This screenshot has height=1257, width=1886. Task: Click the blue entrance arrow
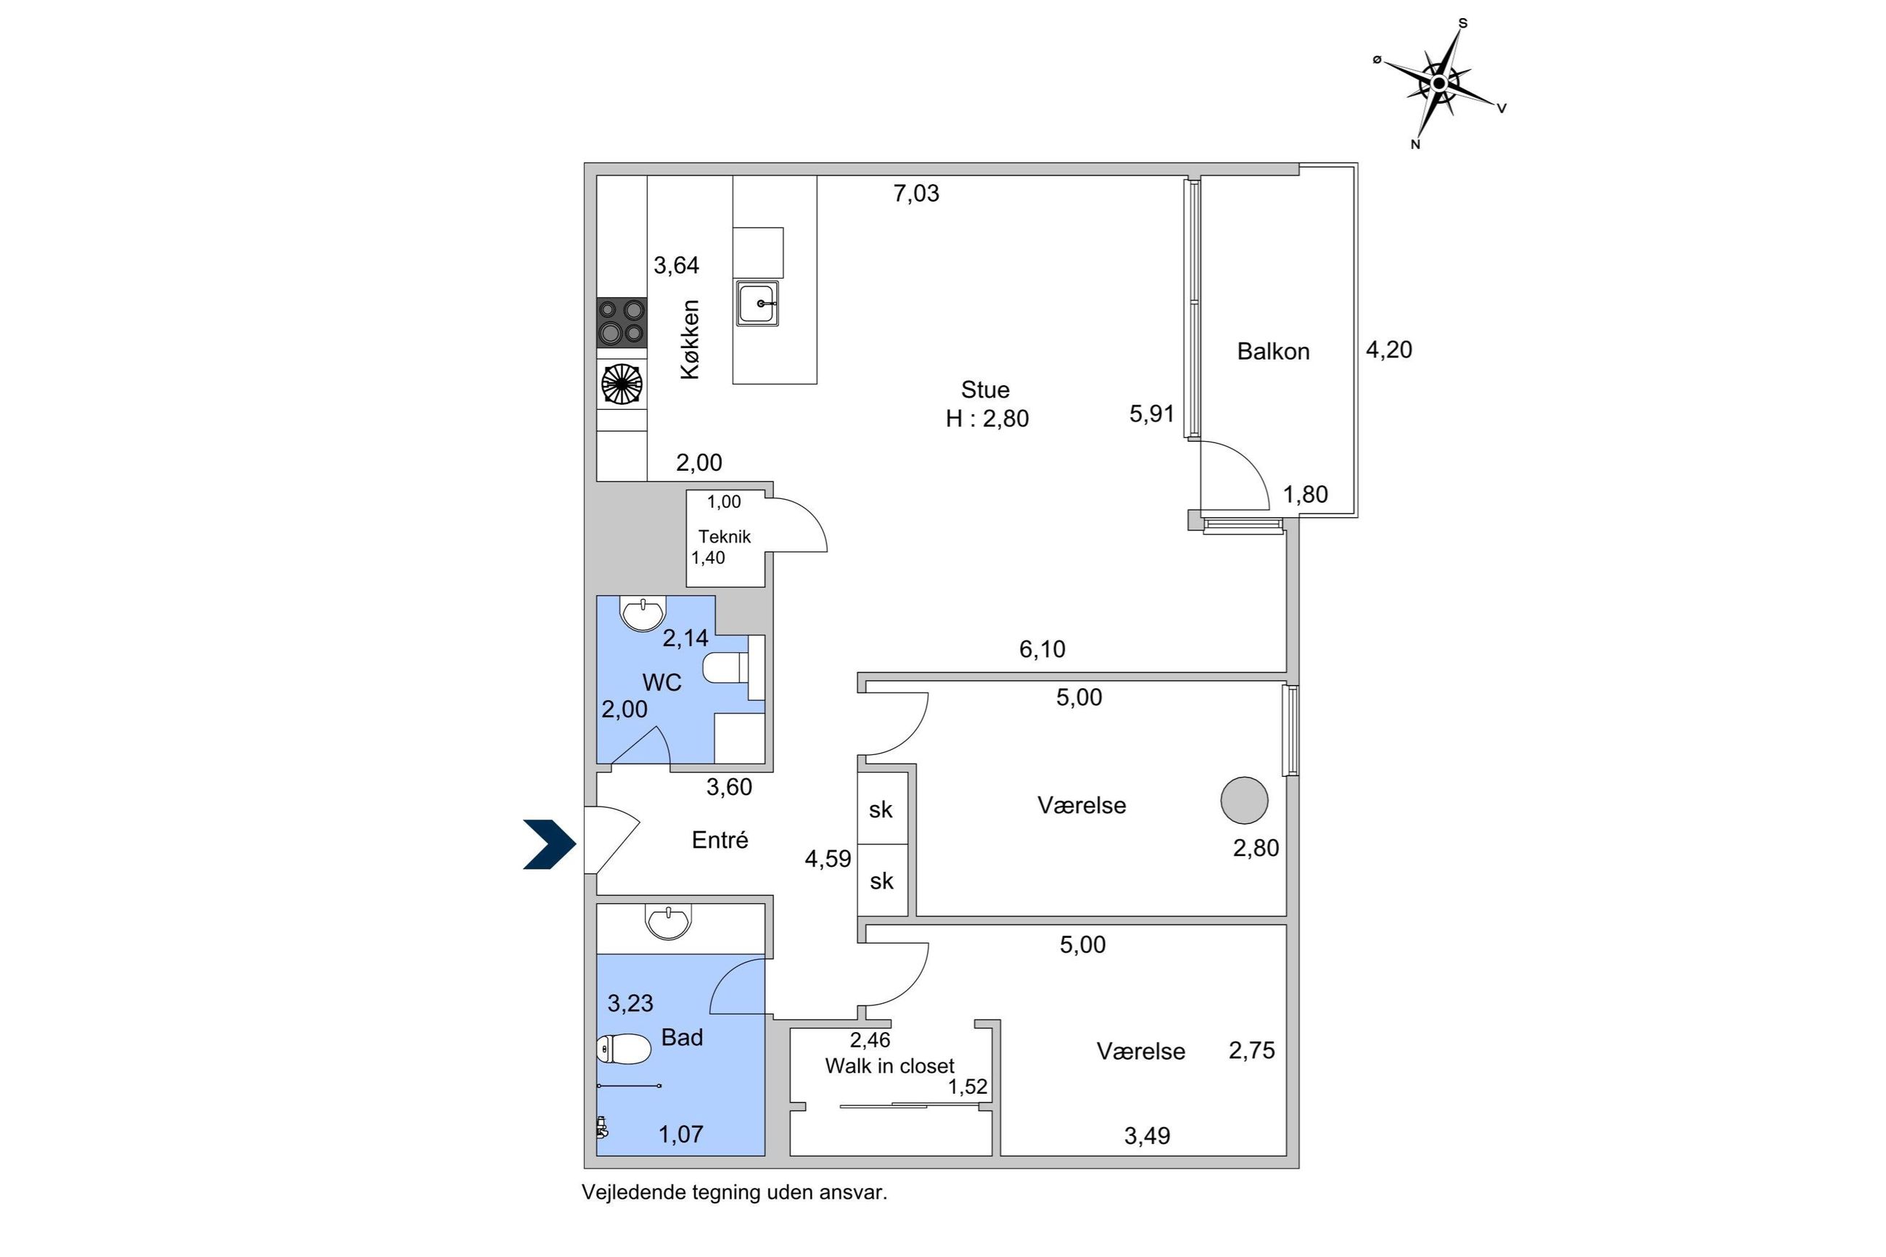click(x=549, y=844)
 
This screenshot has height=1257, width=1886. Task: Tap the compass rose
click(x=1441, y=83)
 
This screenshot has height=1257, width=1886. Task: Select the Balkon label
click(x=1273, y=351)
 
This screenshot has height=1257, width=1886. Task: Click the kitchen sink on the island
click(x=757, y=304)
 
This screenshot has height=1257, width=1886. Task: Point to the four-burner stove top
click(x=622, y=321)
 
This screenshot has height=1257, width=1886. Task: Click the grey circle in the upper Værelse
click(x=1244, y=800)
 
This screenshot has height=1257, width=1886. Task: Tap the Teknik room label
click(x=724, y=536)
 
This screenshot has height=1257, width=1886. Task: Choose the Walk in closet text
click(x=890, y=1066)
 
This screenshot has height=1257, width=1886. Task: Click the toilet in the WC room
click(x=726, y=668)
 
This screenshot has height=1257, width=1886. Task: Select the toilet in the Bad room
click(x=624, y=1049)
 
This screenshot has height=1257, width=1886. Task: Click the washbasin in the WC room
click(x=643, y=614)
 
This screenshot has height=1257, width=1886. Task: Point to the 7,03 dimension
click(x=916, y=193)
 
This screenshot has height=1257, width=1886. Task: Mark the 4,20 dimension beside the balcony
click(x=1389, y=350)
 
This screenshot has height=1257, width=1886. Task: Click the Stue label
click(x=985, y=390)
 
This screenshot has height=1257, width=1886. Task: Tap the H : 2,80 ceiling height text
click(x=987, y=419)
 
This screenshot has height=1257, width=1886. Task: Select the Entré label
click(x=720, y=839)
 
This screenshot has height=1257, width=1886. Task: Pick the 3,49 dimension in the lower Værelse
click(x=1147, y=1136)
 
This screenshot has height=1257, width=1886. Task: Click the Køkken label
click(x=690, y=339)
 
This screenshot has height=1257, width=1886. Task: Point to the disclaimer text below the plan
click(x=734, y=1192)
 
